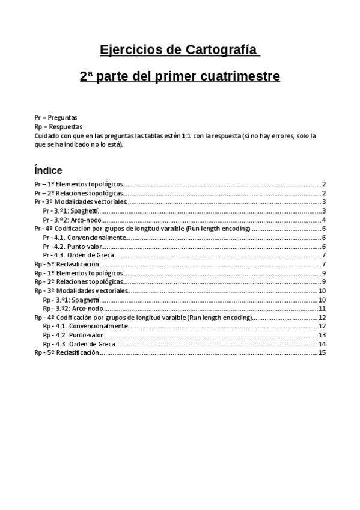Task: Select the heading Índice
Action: click(48, 170)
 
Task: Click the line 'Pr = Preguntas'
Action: click(56, 118)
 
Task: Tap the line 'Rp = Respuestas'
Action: click(58, 127)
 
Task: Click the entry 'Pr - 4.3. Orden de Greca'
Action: click(79, 255)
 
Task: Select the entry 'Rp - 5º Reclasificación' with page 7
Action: click(67, 264)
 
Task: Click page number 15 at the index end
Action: click(322, 352)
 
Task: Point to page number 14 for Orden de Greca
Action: click(322, 344)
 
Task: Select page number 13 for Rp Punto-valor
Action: click(322, 335)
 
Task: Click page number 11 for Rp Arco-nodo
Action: click(322, 309)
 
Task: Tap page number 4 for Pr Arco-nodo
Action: click(323, 220)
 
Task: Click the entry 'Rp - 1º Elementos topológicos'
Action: click(79, 273)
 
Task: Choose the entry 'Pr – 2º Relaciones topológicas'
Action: click(79, 193)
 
